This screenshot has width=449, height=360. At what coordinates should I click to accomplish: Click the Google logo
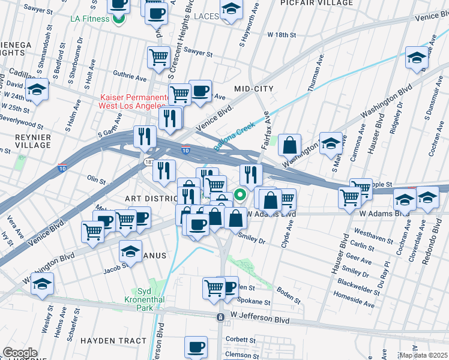pyautogui.click(x=20, y=353)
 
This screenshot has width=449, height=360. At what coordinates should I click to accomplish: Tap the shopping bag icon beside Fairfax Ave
pyautogui.click(x=289, y=145)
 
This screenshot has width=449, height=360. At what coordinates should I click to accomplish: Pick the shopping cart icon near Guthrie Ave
pyautogui.click(x=158, y=57)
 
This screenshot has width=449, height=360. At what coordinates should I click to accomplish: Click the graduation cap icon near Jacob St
pyautogui.click(x=130, y=251)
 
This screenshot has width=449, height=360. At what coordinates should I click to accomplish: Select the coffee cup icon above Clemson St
pyautogui.click(x=196, y=346)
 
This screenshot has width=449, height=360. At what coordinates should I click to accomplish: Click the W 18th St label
pyautogui.click(x=282, y=35)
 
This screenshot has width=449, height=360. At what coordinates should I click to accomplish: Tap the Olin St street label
pyautogui.click(x=96, y=179)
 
